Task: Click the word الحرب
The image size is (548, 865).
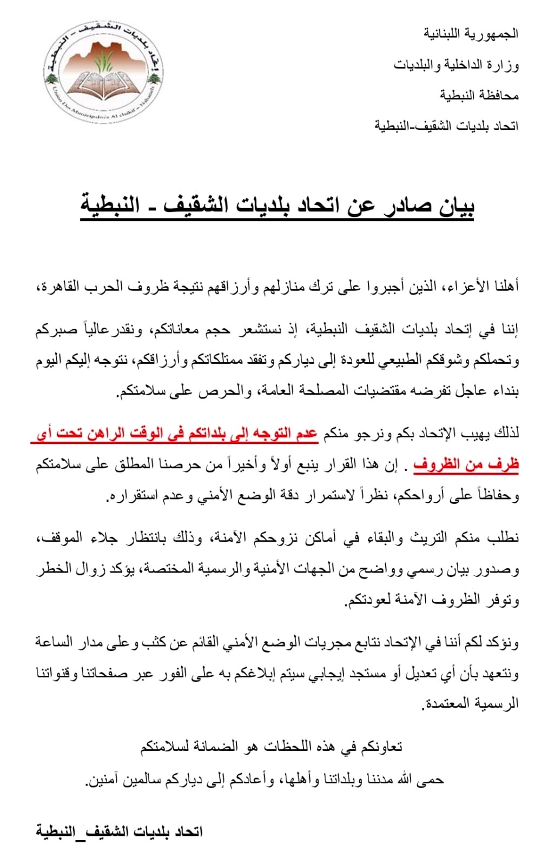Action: point(101,286)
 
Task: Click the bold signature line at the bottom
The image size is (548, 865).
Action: point(119,831)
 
